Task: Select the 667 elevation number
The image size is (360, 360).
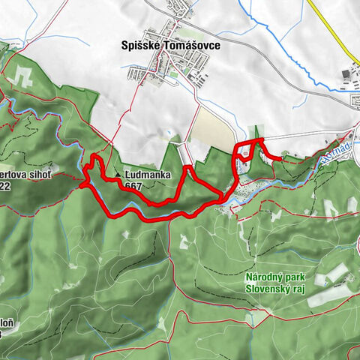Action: pyautogui.click(x=134, y=186)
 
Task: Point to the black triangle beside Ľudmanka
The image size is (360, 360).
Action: pyautogui.click(x=118, y=177)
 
